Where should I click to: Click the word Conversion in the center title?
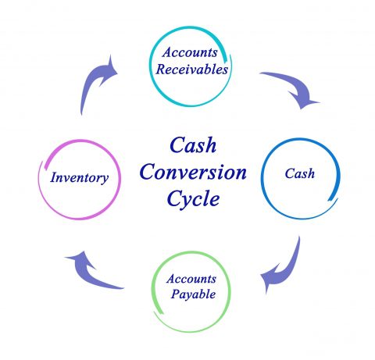(x=193, y=172)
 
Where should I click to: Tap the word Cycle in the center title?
(x=193, y=199)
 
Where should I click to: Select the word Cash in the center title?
(x=193, y=145)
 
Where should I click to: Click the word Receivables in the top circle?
(x=192, y=70)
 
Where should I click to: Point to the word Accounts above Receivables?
(x=190, y=52)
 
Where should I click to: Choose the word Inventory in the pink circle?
(x=79, y=178)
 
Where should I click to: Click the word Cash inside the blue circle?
(x=300, y=173)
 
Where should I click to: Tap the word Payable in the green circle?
(x=193, y=294)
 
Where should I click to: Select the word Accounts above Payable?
(x=191, y=279)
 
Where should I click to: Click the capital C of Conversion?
(x=148, y=172)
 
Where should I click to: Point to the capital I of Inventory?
(x=55, y=177)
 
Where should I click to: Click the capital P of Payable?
(x=175, y=294)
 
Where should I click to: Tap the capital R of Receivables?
(x=161, y=70)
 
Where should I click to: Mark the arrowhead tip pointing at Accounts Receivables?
(x=117, y=73)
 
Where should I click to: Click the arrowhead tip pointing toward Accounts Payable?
(x=261, y=276)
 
